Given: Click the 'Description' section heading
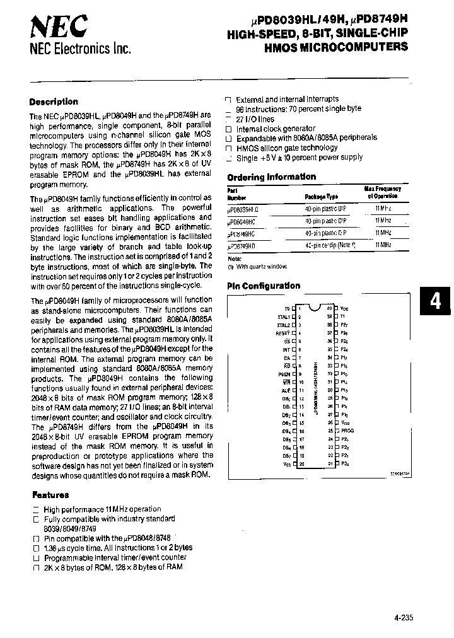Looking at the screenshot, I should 54,101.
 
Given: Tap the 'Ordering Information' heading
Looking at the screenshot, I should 271,177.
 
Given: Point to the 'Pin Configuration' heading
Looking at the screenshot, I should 264,286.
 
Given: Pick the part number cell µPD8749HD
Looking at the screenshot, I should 245,245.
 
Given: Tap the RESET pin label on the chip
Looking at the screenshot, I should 282,333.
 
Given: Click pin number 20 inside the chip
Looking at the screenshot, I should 302,463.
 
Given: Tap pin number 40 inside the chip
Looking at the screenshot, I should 329,308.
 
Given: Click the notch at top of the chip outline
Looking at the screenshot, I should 315,304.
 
